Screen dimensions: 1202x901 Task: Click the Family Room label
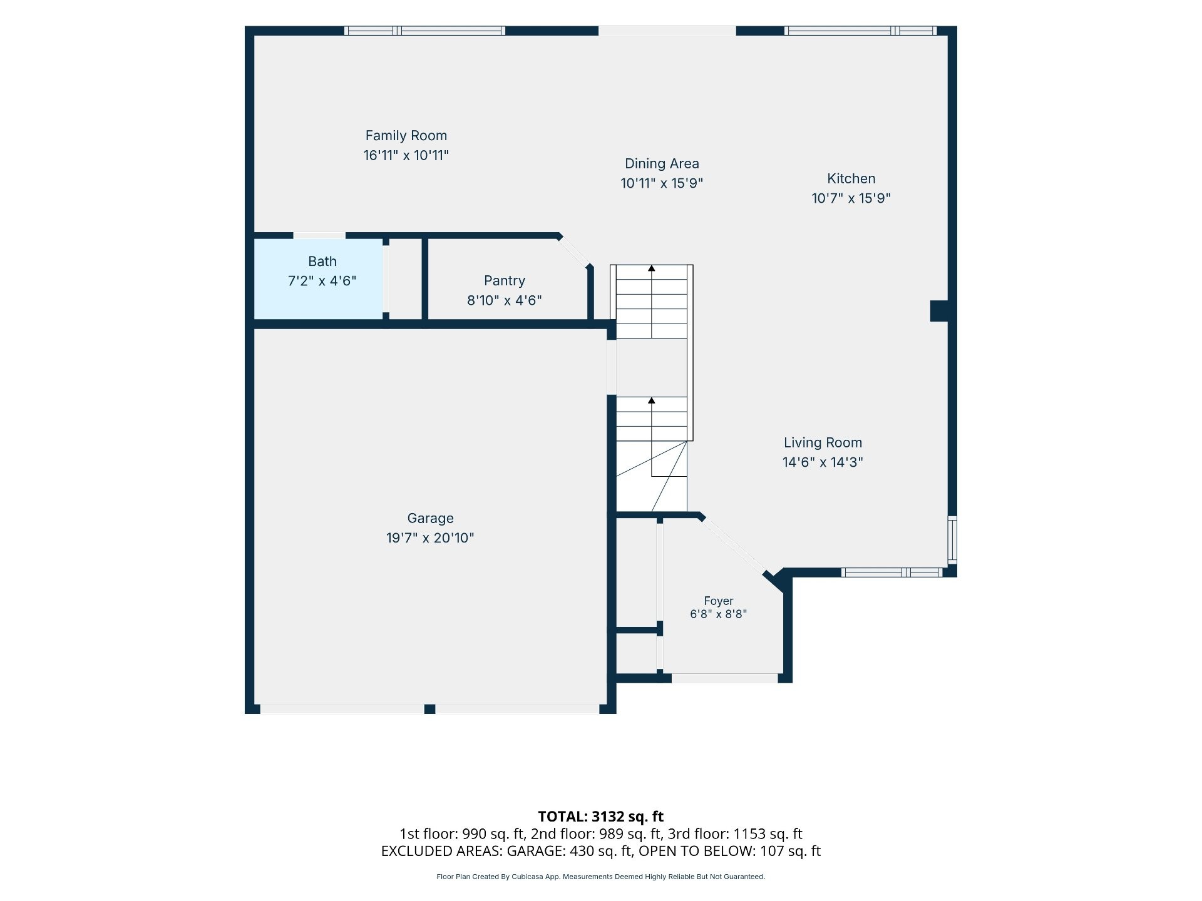coord(406,136)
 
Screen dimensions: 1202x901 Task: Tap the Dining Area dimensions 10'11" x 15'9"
coord(662,183)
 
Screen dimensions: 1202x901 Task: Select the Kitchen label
coord(851,179)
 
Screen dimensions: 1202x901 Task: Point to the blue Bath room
coord(319,279)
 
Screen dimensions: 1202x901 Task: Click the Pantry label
coord(505,281)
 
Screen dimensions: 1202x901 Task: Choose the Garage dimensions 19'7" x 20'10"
coord(430,538)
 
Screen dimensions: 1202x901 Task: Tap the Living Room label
coord(823,443)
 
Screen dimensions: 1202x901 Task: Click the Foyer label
coord(719,601)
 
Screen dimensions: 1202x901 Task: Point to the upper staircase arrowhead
coord(652,268)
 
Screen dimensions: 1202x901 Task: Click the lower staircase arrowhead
coord(652,400)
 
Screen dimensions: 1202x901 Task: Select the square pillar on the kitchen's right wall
coord(939,311)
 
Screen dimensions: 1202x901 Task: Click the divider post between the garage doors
coord(429,709)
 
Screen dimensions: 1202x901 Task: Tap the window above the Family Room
coord(424,31)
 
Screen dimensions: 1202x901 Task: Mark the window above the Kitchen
coord(861,31)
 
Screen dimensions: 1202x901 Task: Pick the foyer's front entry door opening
coord(724,678)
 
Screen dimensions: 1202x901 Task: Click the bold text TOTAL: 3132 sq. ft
coord(601,817)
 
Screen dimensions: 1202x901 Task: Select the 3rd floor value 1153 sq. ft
coord(768,834)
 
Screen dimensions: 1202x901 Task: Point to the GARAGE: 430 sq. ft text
coord(569,851)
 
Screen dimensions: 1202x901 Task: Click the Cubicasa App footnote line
coord(601,877)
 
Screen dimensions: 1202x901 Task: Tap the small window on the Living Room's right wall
coord(952,539)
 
